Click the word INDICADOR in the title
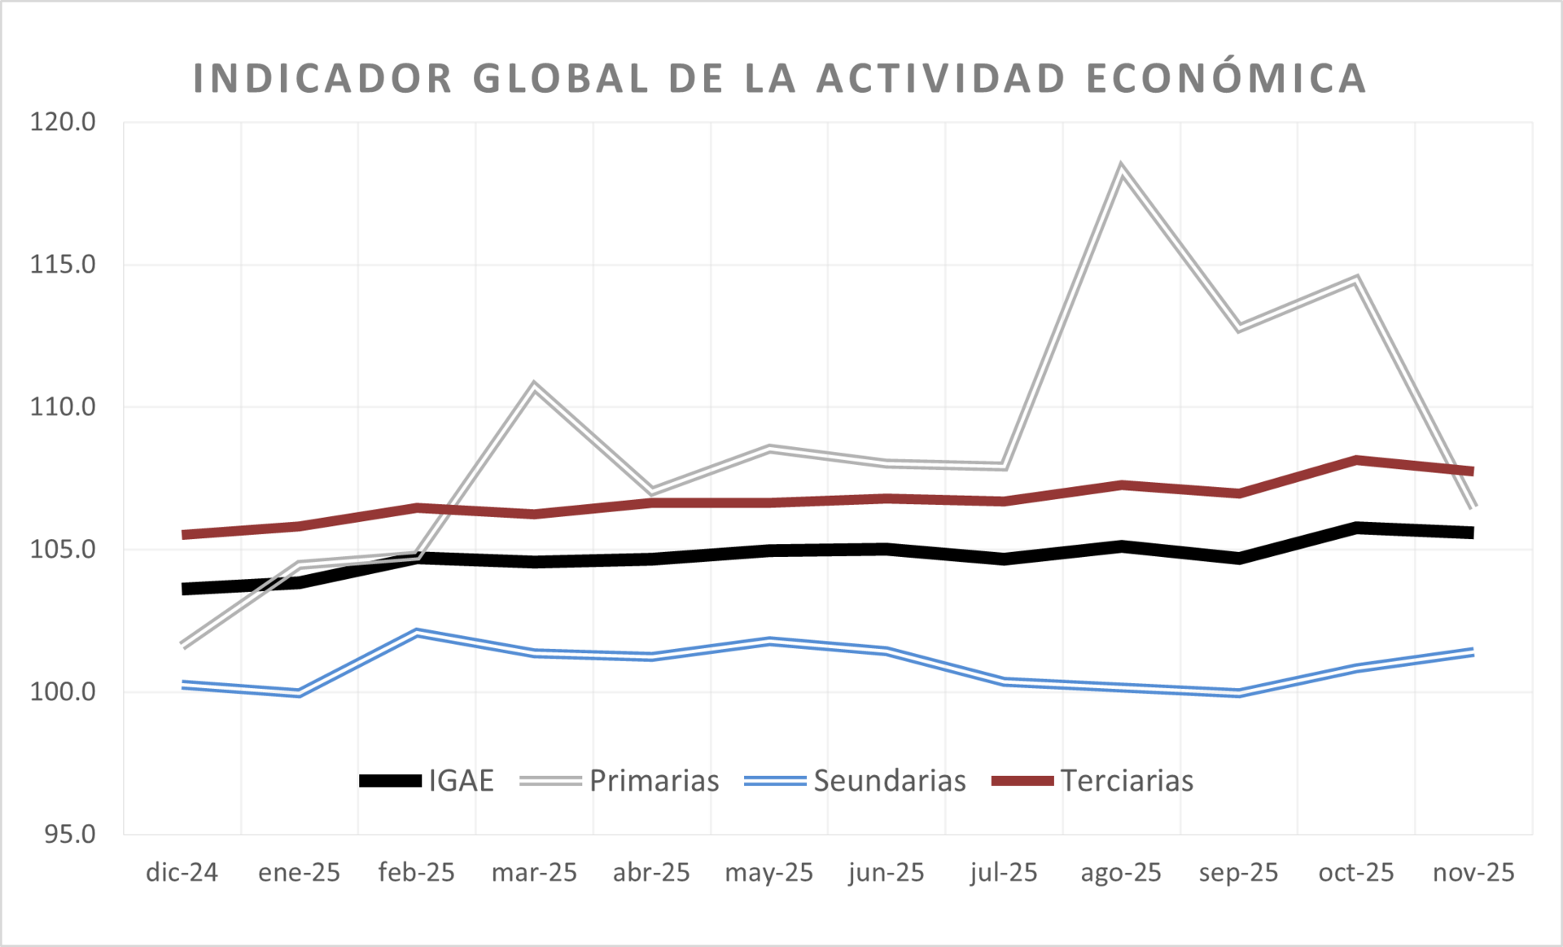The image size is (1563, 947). tap(322, 79)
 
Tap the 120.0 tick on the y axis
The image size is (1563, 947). tap(63, 122)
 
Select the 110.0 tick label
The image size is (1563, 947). tap(63, 406)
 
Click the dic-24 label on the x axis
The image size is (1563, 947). tap(182, 872)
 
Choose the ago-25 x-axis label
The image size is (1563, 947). tap(1120, 872)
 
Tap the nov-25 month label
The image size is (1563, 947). tap(1473, 872)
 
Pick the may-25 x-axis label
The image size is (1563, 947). tap(768, 872)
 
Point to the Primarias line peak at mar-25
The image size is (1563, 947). tap(534, 385)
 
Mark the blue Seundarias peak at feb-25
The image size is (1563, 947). tap(417, 632)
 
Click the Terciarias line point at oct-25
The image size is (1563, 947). tap(1356, 460)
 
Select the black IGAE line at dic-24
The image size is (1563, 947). tap(184, 588)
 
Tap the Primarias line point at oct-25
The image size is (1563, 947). tap(1356, 279)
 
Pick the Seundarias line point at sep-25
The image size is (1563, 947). tap(1238, 693)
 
